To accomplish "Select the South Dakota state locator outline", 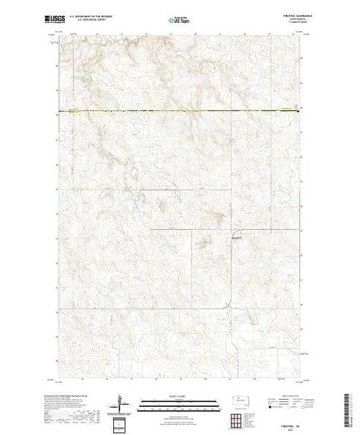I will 241,400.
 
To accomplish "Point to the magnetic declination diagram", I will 122,403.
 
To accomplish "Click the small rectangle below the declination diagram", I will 122,423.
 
